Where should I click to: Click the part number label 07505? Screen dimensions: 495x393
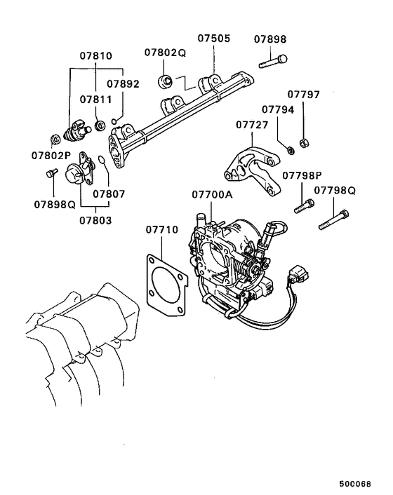coord(213,39)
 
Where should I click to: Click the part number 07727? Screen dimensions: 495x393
coord(252,124)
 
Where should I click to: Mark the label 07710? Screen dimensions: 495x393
coord(162,229)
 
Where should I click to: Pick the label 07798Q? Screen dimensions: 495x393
coord(335,190)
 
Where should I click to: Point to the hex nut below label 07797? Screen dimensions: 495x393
coord(304,142)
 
